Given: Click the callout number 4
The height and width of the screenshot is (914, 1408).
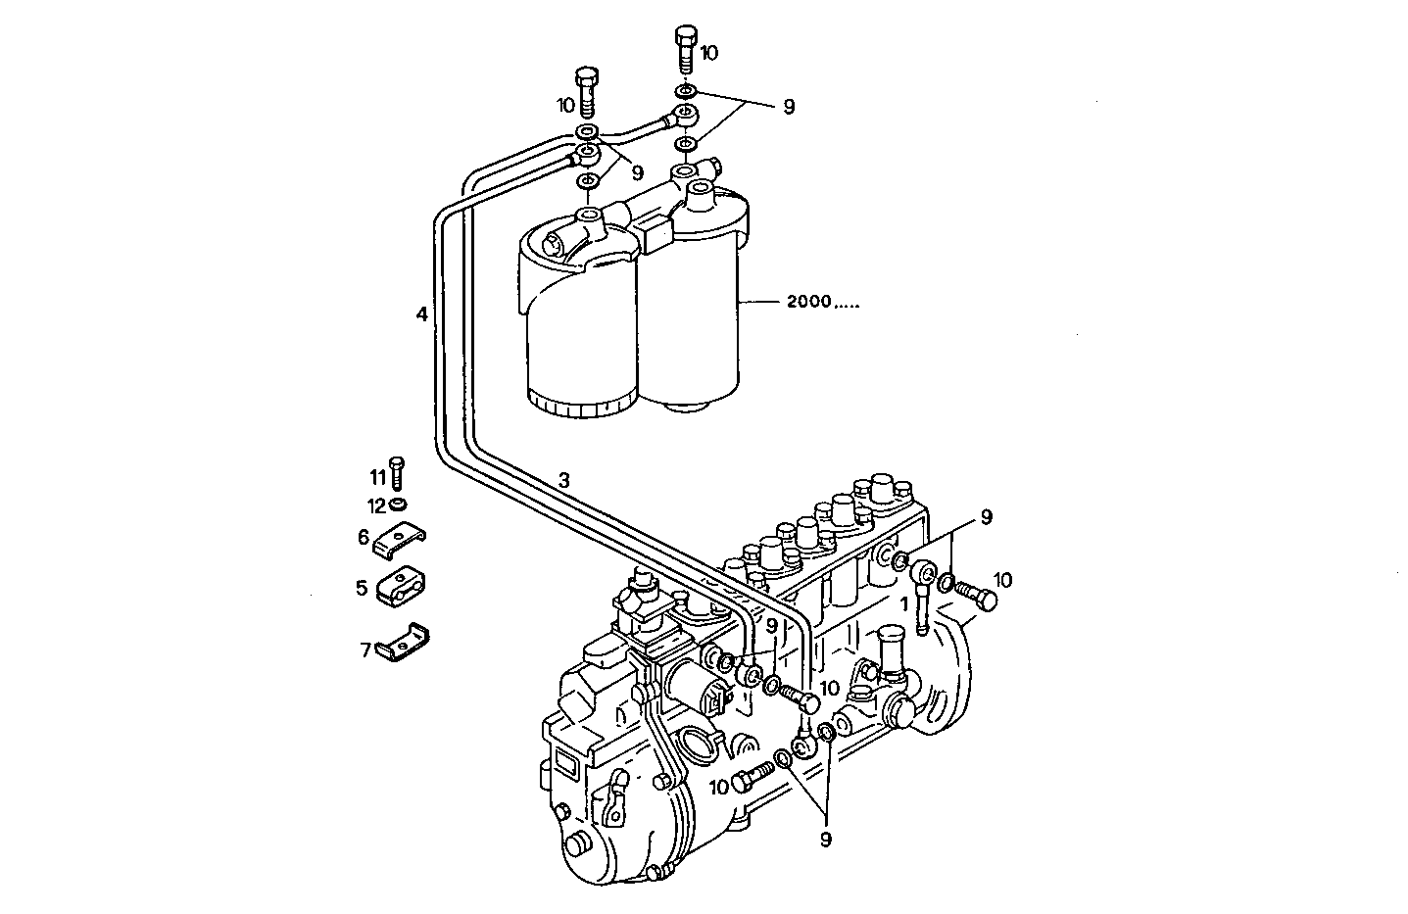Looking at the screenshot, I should (x=421, y=314).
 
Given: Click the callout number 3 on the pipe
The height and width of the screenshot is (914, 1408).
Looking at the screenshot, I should (x=563, y=480).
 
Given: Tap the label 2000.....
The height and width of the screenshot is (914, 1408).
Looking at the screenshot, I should (x=808, y=302).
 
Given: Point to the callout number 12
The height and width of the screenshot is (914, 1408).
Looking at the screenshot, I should (x=377, y=506).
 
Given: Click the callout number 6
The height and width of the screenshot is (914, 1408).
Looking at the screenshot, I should (x=363, y=536).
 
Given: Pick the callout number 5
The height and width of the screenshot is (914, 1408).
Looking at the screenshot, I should (x=362, y=588).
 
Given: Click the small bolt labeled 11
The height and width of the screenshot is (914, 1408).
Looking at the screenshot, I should (x=397, y=472).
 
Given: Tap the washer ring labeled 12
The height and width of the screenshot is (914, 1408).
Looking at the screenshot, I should (x=398, y=505).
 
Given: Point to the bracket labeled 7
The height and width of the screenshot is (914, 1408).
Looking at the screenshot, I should (x=404, y=645).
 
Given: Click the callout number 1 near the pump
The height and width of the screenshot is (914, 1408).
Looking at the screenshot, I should (x=904, y=605).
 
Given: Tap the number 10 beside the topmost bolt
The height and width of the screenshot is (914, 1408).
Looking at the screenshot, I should (x=709, y=53).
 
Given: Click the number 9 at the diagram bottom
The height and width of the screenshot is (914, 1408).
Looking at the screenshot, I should (x=825, y=838).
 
